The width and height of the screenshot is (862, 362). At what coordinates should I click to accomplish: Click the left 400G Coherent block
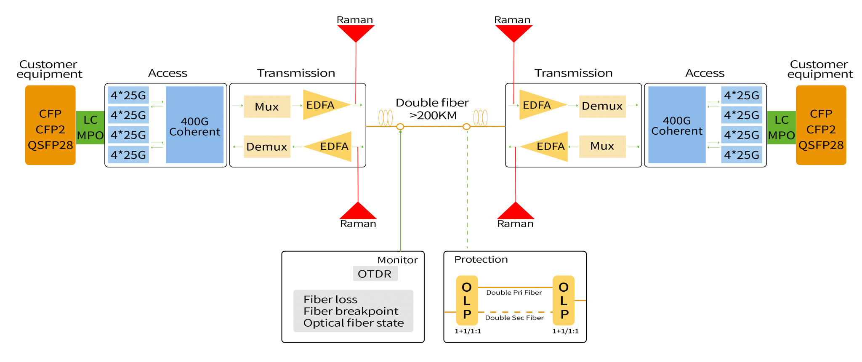[x=194, y=125]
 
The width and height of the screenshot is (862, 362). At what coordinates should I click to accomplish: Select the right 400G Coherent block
[x=677, y=125]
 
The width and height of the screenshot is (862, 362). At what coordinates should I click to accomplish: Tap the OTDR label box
[x=375, y=274]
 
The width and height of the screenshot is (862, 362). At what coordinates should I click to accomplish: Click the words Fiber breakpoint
[x=351, y=311]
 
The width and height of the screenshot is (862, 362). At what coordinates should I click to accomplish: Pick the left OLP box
[x=467, y=301]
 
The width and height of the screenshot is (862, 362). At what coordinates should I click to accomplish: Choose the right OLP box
[x=563, y=301]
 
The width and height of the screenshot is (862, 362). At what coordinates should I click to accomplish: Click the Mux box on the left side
[x=267, y=106]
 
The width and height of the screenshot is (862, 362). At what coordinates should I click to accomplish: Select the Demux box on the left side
[x=267, y=146]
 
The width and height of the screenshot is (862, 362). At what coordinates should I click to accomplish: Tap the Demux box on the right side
[x=602, y=106]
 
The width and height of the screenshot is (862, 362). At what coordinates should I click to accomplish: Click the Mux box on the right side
[x=602, y=146]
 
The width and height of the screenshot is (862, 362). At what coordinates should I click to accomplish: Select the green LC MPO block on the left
[x=90, y=128]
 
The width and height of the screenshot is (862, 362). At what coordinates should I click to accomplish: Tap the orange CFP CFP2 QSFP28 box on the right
[x=821, y=125]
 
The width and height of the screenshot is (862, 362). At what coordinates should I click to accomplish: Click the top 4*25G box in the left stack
[x=128, y=95]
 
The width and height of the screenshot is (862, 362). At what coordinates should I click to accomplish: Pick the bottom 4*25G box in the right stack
[x=741, y=155]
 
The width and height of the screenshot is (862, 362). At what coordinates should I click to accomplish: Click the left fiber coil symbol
[x=385, y=117]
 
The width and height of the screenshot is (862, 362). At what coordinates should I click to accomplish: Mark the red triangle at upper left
[x=356, y=32]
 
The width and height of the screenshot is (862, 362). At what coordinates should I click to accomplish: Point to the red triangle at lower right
[x=516, y=212]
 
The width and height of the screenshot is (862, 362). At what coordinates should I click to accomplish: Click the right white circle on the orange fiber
[x=466, y=127]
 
